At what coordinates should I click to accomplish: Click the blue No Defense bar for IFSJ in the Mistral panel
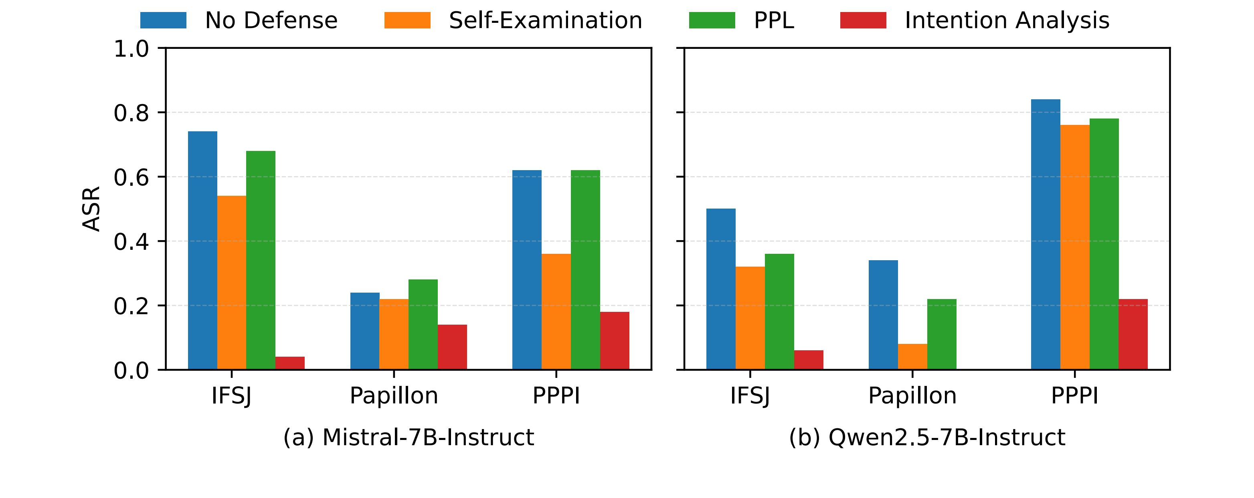click(x=202, y=251)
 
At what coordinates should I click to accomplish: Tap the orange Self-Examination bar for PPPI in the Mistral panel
click(x=556, y=312)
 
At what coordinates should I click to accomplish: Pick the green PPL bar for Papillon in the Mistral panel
click(x=423, y=324)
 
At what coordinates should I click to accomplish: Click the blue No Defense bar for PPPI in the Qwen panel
click(x=1045, y=235)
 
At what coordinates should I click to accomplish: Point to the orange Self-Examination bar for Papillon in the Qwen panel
click(x=912, y=357)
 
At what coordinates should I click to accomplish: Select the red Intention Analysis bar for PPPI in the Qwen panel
click(x=1133, y=334)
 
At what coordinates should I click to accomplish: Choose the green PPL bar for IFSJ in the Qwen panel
click(x=779, y=312)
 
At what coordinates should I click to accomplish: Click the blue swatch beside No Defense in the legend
click(x=163, y=20)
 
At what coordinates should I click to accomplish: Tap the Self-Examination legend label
click(x=545, y=20)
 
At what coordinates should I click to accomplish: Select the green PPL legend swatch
click(x=712, y=20)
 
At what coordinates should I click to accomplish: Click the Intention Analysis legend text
click(x=1007, y=20)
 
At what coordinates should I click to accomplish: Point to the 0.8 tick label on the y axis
click(x=131, y=113)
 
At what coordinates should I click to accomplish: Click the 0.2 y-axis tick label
click(x=131, y=306)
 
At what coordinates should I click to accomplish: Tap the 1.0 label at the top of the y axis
click(x=131, y=49)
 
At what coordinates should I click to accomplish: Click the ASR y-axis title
click(x=91, y=209)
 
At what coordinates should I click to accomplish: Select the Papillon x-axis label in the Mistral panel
click(x=394, y=396)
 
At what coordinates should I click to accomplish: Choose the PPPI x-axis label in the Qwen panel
click(x=1074, y=396)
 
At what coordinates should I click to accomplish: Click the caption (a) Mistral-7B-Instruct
click(x=409, y=437)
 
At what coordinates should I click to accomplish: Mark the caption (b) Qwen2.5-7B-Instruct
click(x=927, y=437)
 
